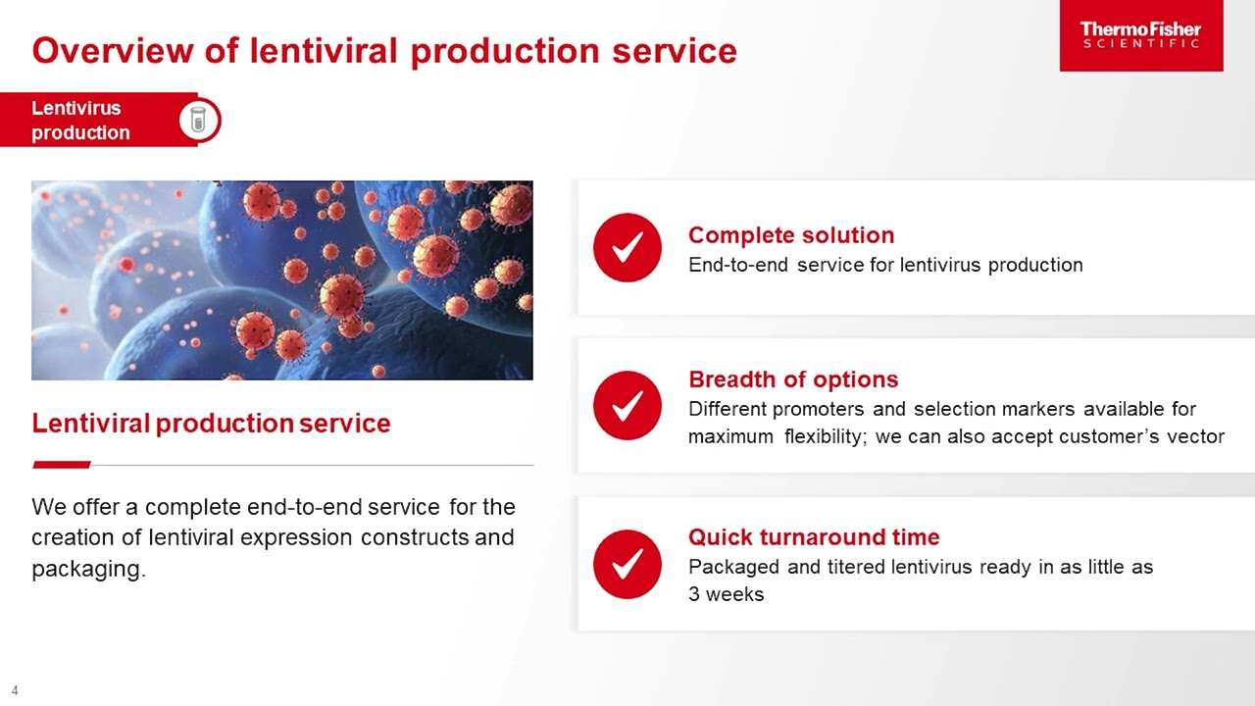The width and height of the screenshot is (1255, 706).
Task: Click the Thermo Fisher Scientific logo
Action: (x=1140, y=35)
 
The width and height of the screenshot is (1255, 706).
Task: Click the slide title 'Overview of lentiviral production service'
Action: (x=383, y=51)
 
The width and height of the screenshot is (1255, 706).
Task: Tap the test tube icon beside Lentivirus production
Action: (x=199, y=121)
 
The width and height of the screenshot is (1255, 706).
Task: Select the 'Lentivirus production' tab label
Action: (x=80, y=121)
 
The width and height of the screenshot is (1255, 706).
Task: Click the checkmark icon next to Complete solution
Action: (x=627, y=248)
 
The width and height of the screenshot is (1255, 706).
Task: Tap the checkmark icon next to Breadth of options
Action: (x=627, y=405)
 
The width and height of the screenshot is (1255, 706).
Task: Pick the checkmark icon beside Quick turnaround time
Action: (x=627, y=564)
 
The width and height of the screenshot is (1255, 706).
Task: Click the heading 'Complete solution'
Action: (x=790, y=235)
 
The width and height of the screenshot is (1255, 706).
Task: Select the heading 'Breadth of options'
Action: (x=792, y=379)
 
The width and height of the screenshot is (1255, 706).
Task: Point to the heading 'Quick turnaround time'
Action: (x=813, y=537)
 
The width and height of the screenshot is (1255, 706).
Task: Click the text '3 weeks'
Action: (x=726, y=594)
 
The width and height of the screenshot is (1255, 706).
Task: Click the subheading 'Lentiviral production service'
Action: (x=211, y=424)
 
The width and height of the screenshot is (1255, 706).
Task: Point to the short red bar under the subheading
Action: (x=62, y=465)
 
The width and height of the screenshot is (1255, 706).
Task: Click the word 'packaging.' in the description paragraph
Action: (x=88, y=570)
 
